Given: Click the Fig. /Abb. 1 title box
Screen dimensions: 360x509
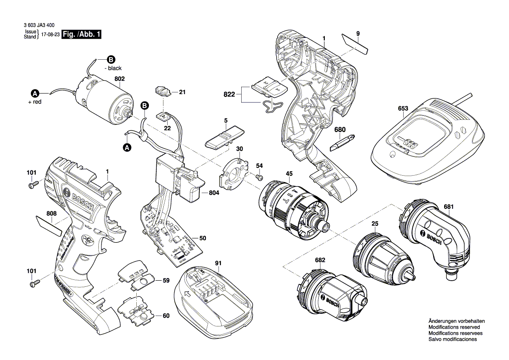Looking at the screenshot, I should pyautogui.click(x=81, y=34).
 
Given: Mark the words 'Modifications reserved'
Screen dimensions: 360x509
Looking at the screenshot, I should pyautogui.click(x=454, y=327).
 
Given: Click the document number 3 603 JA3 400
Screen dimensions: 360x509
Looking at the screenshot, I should pyautogui.click(x=39, y=26).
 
